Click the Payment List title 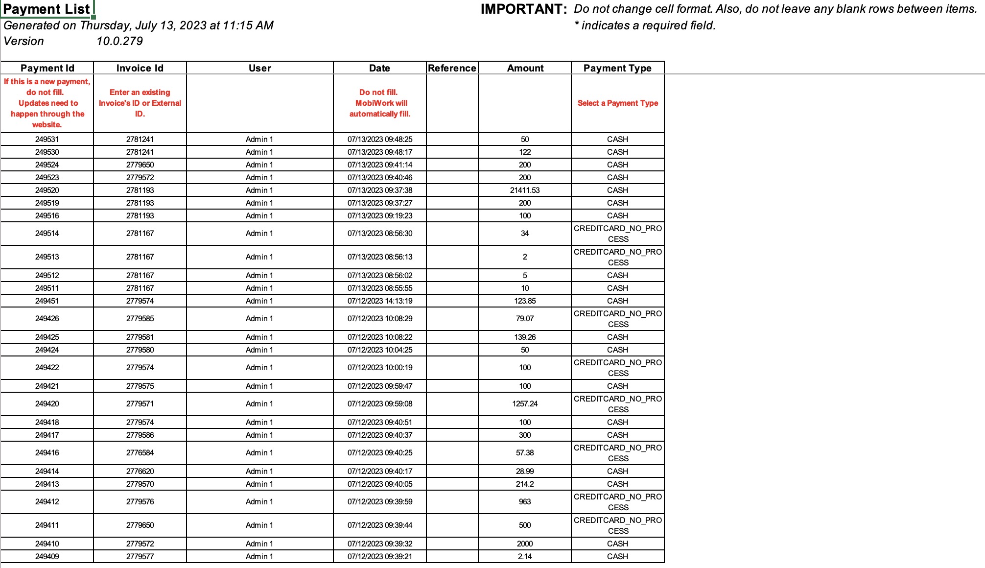click(x=47, y=9)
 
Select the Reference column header click(x=452, y=68)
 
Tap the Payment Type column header click(x=617, y=68)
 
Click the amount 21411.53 click(x=525, y=190)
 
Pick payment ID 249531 click(x=47, y=140)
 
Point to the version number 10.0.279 click(x=119, y=41)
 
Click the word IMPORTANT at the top click(x=523, y=9)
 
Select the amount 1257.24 click(x=525, y=404)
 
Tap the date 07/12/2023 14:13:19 click(x=380, y=301)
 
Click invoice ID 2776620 click(x=140, y=472)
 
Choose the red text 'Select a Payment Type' click(x=617, y=103)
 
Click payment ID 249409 click(x=47, y=557)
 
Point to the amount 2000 click(x=525, y=544)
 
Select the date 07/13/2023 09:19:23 click(x=380, y=216)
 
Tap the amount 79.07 click(x=525, y=319)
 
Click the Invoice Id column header click(x=140, y=68)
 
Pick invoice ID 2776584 click(x=140, y=453)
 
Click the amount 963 click(x=525, y=502)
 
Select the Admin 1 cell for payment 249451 click(x=259, y=301)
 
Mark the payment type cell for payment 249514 click(x=617, y=234)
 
